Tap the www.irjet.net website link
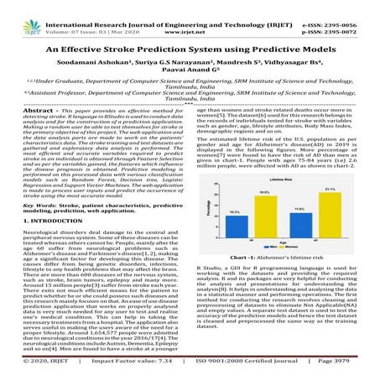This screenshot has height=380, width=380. (x=190, y=24)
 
